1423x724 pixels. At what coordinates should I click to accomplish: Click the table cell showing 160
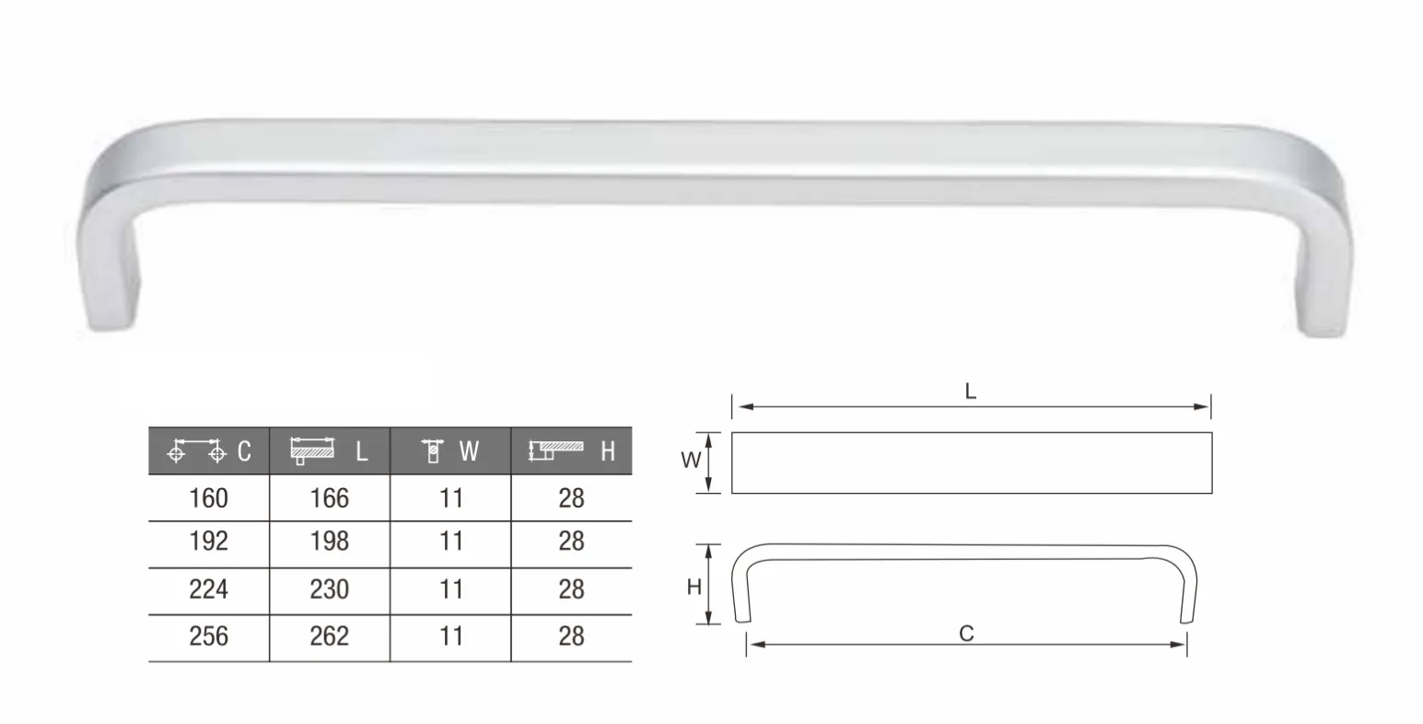(208, 498)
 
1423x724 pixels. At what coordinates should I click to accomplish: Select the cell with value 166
(329, 498)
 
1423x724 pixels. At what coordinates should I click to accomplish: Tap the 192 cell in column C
(208, 541)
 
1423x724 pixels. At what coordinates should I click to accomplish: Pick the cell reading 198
(329, 541)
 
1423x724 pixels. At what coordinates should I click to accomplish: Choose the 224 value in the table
(208, 590)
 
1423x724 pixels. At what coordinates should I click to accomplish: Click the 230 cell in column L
(329, 590)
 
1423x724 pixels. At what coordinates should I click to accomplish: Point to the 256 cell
(208, 636)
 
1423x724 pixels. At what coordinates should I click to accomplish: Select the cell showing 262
(329, 636)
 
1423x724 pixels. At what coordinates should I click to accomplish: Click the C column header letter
(244, 451)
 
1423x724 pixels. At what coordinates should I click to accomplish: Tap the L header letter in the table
(361, 451)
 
